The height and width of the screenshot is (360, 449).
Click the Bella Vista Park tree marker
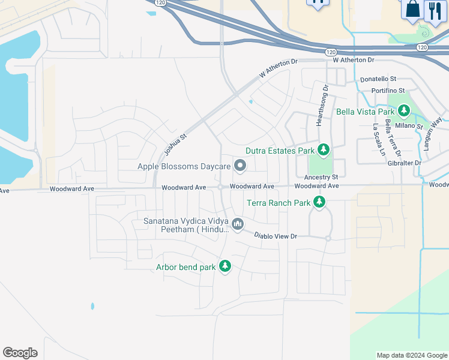(x=405, y=111)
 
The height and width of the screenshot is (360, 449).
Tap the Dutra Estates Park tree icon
(x=324, y=149)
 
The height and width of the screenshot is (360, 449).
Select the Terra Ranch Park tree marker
(x=319, y=202)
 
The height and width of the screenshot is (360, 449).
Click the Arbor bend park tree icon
(x=225, y=266)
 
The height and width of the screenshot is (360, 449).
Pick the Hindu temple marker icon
(x=238, y=224)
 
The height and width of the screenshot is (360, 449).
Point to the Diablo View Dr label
(x=276, y=236)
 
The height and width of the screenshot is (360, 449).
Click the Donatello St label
(x=378, y=79)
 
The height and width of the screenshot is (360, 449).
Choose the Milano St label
(x=411, y=125)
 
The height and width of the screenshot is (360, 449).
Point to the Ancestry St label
(x=321, y=177)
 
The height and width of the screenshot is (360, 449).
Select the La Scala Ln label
(x=378, y=139)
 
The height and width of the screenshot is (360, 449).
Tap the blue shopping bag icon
(x=412, y=9)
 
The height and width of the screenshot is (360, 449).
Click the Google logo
(x=20, y=353)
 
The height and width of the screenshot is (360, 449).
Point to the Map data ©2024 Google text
(x=412, y=355)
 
